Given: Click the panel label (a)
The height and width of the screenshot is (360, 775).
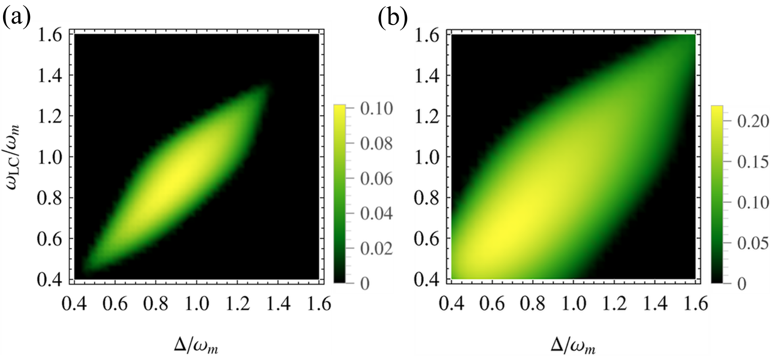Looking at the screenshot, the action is [16, 17].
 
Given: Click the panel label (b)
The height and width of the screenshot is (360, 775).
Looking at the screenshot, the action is [393, 18].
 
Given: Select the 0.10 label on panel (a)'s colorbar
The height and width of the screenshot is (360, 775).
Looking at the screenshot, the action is [377, 109].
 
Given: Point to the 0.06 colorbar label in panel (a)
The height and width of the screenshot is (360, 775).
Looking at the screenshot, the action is [377, 178].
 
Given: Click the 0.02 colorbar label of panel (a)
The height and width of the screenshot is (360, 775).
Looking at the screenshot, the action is [377, 248].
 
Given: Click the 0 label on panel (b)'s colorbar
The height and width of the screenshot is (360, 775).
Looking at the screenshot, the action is [742, 284].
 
